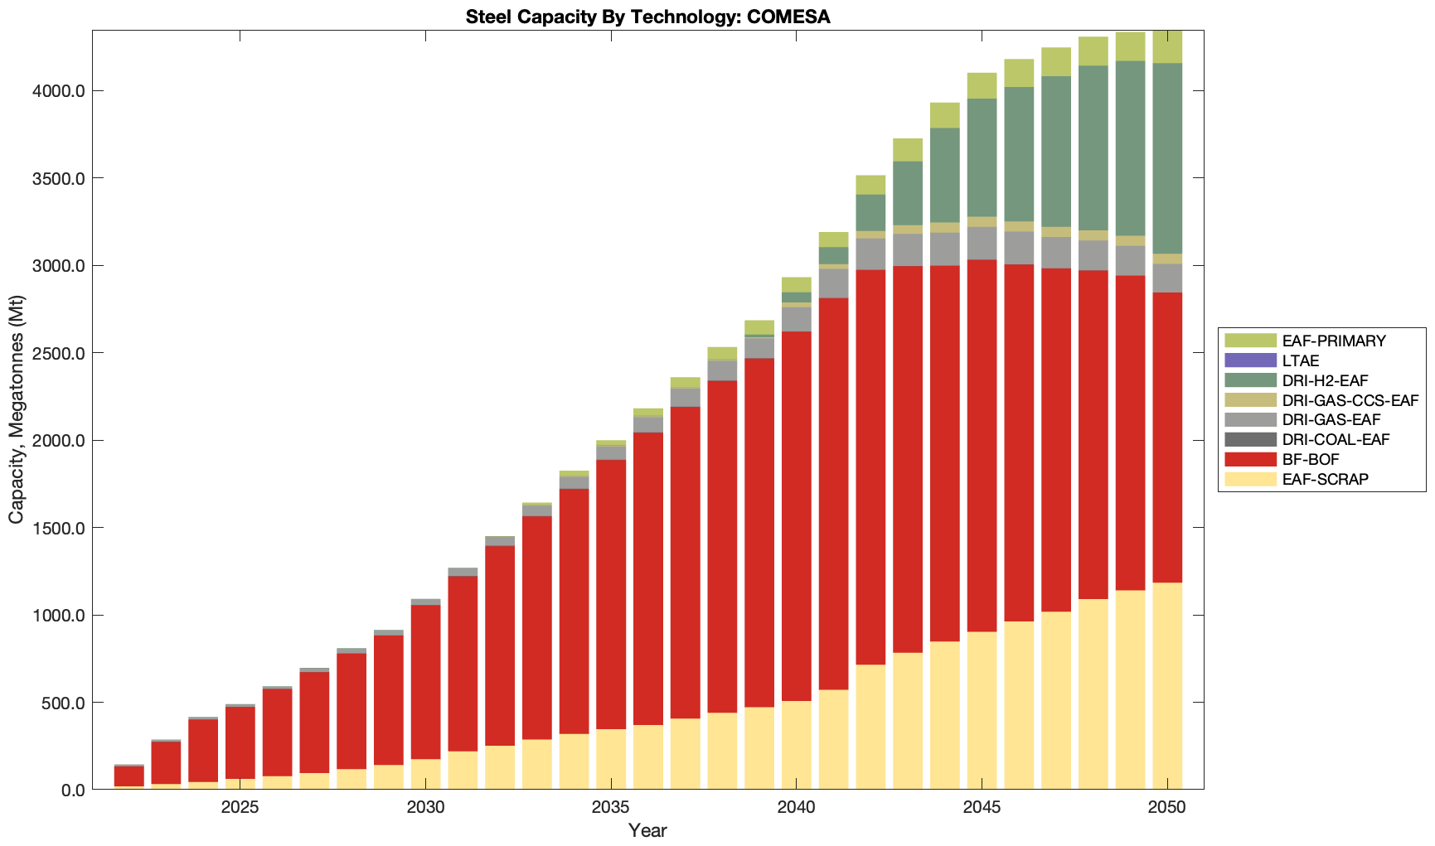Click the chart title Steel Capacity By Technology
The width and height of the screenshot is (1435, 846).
[x=647, y=17]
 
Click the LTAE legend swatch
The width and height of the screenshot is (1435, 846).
[x=1250, y=360]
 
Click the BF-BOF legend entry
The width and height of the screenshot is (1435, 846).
[x=1310, y=460]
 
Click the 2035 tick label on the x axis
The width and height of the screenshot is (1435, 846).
[x=611, y=808]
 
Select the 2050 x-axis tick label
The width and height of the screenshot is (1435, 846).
[x=1167, y=808]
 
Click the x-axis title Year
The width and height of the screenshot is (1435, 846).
[x=647, y=830]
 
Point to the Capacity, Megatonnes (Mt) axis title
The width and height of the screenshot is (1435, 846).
[x=17, y=409]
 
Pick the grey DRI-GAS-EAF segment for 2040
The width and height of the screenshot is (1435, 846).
[x=796, y=319]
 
